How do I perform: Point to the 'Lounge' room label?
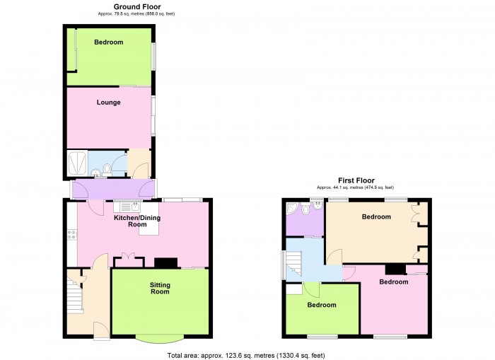point(109,103)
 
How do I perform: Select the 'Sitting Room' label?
point(160,288)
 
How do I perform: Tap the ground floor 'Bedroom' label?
point(109,42)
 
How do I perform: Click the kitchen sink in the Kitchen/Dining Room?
point(128,207)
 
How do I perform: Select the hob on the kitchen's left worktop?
point(71,236)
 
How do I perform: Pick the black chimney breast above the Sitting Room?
point(166,263)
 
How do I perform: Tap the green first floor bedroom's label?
point(322,306)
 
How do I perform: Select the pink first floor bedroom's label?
point(393,281)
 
